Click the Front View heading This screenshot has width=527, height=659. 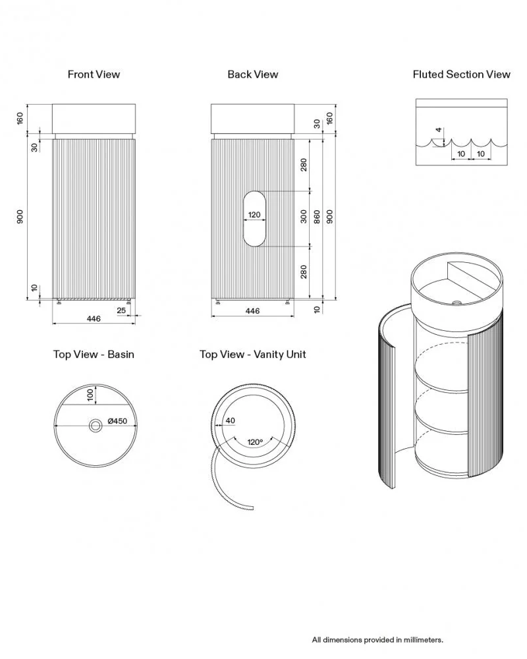click(94, 74)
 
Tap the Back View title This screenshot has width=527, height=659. click(252, 74)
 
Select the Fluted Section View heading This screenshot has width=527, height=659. click(461, 74)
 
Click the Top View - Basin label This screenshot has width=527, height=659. click(94, 355)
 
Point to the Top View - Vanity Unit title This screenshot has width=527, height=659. click(252, 355)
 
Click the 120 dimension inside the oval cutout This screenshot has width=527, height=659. click(254, 215)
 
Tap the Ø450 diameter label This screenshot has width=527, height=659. click(117, 420)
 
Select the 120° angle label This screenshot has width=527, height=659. click(255, 442)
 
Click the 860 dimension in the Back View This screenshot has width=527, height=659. click(317, 217)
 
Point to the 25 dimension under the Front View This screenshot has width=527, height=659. click(121, 310)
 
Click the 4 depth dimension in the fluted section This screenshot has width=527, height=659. click(439, 130)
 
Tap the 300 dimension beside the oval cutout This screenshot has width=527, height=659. click(304, 217)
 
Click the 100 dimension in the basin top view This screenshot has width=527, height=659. click(90, 395)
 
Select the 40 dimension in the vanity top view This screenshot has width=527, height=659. click(231, 420)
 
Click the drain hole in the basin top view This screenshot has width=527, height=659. click(96, 426)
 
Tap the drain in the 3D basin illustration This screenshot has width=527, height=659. click(456, 302)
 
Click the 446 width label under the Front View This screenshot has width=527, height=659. click(94, 318)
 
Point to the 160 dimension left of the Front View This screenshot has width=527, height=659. click(20, 119)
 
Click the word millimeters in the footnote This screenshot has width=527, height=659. click(423, 640)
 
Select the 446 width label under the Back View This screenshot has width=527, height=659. click(252, 311)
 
